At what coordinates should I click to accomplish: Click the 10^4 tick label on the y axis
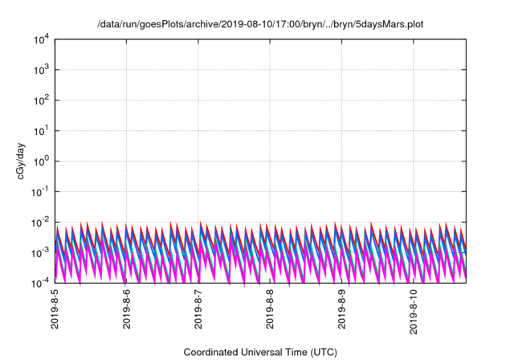point(41,39)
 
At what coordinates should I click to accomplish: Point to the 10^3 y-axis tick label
point(41,70)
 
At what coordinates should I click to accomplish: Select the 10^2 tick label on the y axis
point(41,100)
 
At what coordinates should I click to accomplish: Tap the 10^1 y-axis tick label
point(41,131)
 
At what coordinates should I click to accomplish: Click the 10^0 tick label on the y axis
point(41,161)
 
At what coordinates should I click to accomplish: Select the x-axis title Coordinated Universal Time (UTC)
point(260,352)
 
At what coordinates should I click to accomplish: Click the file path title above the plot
point(260,25)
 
